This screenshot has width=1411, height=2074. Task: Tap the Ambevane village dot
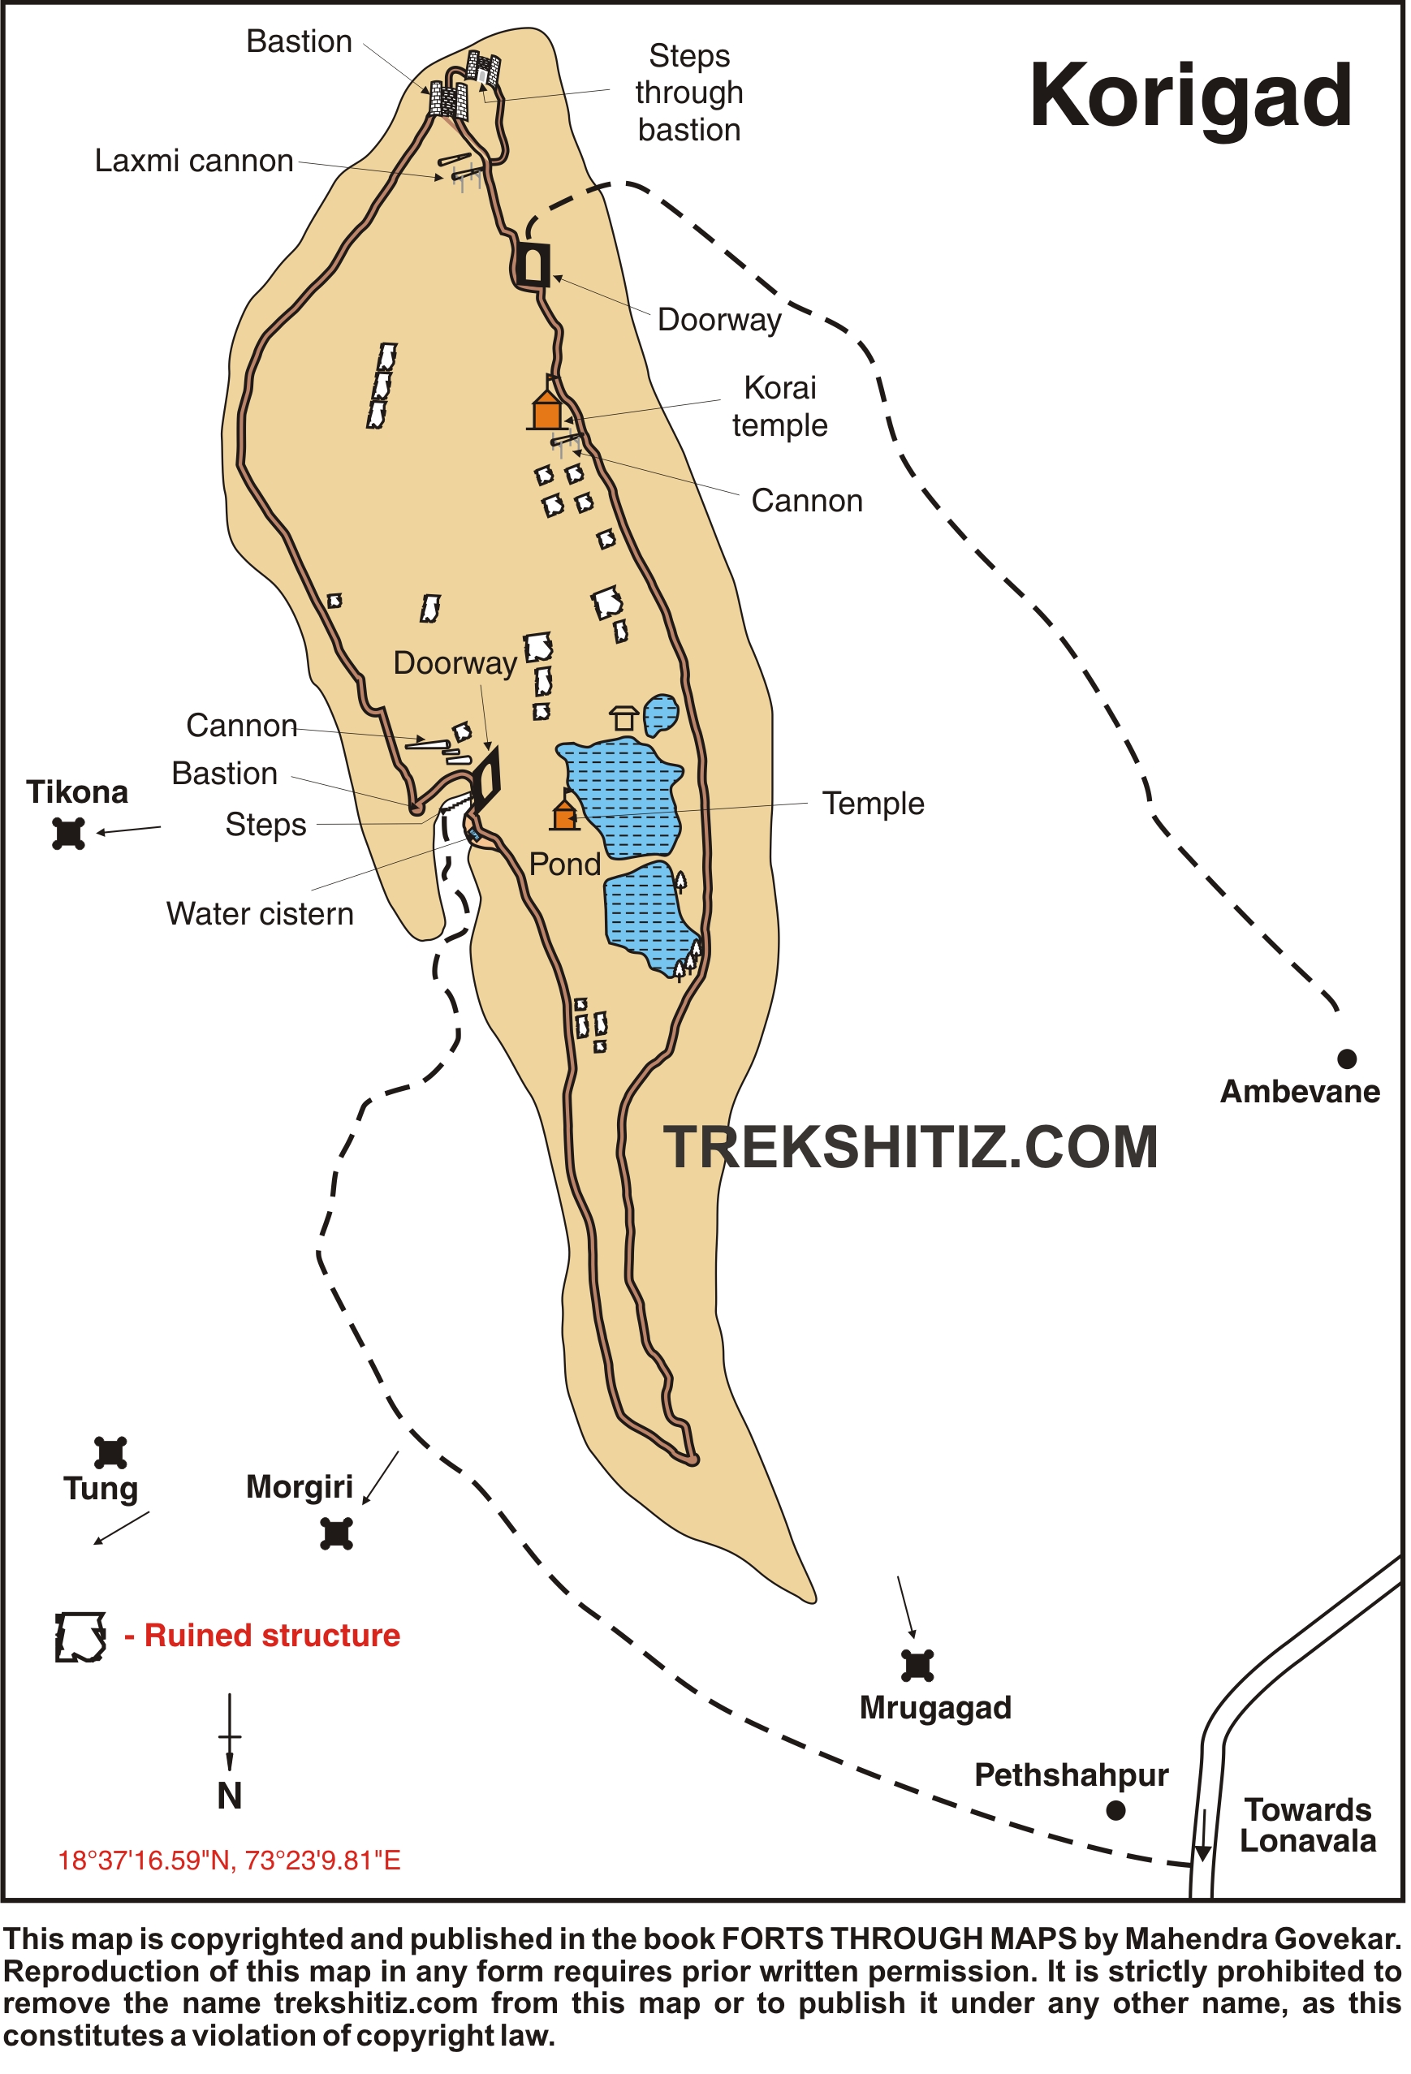pyautogui.click(x=1347, y=1059)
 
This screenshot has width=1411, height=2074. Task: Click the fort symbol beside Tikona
pyautogui.click(x=69, y=833)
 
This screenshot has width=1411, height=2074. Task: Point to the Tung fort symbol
pyautogui.click(x=110, y=1452)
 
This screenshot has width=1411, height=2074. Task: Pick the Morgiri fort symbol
pyautogui.click(x=336, y=1533)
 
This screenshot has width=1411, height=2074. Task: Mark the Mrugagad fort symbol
pyautogui.click(x=917, y=1665)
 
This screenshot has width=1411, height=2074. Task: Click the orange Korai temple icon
pyautogui.click(x=547, y=411)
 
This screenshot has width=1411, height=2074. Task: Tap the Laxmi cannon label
pyautogui.click(x=194, y=161)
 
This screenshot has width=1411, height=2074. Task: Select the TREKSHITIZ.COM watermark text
pyautogui.click(x=910, y=1147)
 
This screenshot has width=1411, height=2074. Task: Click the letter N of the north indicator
pyautogui.click(x=230, y=1796)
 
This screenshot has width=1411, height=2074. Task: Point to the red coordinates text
pyautogui.click(x=230, y=1861)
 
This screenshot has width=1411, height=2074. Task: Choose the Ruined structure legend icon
pyautogui.click(x=80, y=1636)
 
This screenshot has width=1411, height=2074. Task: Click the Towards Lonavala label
pyautogui.click(x=1309, y=1825)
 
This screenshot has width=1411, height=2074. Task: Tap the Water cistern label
pyautogui.click(x=260, y=914)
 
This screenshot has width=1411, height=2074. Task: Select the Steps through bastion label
pyautogui.click(x=689, y=93)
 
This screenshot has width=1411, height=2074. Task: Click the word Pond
pyautogui.click(x=564, y=864)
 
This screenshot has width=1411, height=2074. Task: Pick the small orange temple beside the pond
pyautogui.click(x=564, y=815)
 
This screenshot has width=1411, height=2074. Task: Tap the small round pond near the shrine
pyautogui.click(x=660, y=714)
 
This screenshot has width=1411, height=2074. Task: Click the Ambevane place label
pyautogui.click(x=1300, y=1092)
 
